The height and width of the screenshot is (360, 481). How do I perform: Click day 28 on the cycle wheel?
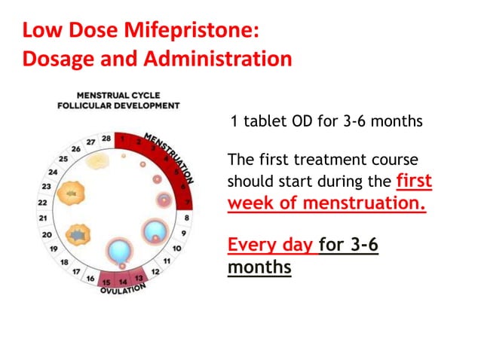pyautogui.click(x=106, y=139)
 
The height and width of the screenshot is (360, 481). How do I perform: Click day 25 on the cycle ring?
pyautogui.click(x=63, y=159)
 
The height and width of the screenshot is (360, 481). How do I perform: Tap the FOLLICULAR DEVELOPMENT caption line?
pyautogui.click(x=119, y=105)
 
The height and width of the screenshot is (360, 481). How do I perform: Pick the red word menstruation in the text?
pyautogui.click(x=375, y=203)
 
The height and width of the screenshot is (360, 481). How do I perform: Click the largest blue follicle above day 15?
pyautogui.click(x=119, y=249)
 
